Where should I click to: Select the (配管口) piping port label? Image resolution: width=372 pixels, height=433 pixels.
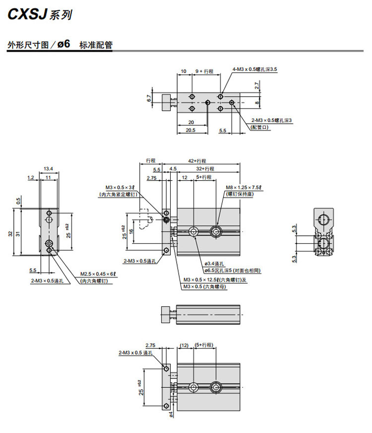(261, 127)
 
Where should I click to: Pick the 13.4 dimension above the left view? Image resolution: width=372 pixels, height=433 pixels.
(48, 168)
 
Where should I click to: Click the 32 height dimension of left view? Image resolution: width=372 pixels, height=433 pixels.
(10, 233)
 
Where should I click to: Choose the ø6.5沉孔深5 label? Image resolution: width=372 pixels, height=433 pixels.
(232, 271)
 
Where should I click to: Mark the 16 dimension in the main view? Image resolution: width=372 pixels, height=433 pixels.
(132, 231)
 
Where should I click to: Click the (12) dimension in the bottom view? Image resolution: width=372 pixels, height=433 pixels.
(185, 345)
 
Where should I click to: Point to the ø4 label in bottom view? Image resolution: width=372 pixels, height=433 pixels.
(171, 413)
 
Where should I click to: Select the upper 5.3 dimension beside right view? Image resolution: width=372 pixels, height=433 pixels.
(295, 228)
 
